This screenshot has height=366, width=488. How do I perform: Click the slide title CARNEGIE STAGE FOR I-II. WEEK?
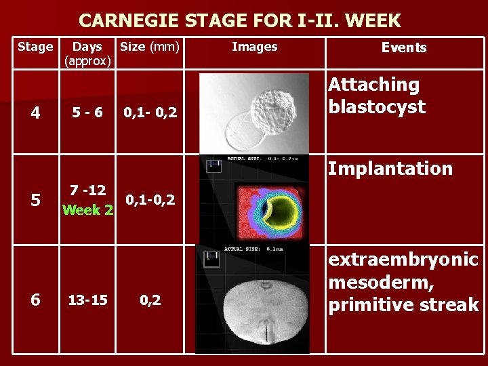click(x=240, y=20)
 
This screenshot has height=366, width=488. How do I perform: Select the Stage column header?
click(x=35, y=47)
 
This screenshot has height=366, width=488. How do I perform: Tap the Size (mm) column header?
click(x=149, y=47)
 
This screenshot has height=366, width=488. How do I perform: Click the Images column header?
click(x=254, y=47)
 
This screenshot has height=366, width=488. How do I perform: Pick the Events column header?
click(x=404, y=47)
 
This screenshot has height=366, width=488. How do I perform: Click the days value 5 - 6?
click(x=87, y=112)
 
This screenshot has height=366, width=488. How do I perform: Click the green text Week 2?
click(x=87, y=209)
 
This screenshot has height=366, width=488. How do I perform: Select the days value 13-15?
click(x=87, y=300)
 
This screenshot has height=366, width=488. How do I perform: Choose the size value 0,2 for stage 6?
click(x=150, y=300)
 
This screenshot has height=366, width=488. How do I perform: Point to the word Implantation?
click(x=390, y=168)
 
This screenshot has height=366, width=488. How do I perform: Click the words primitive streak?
click(x=403, y=305)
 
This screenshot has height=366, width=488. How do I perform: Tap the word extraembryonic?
click(x=403, y=260)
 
